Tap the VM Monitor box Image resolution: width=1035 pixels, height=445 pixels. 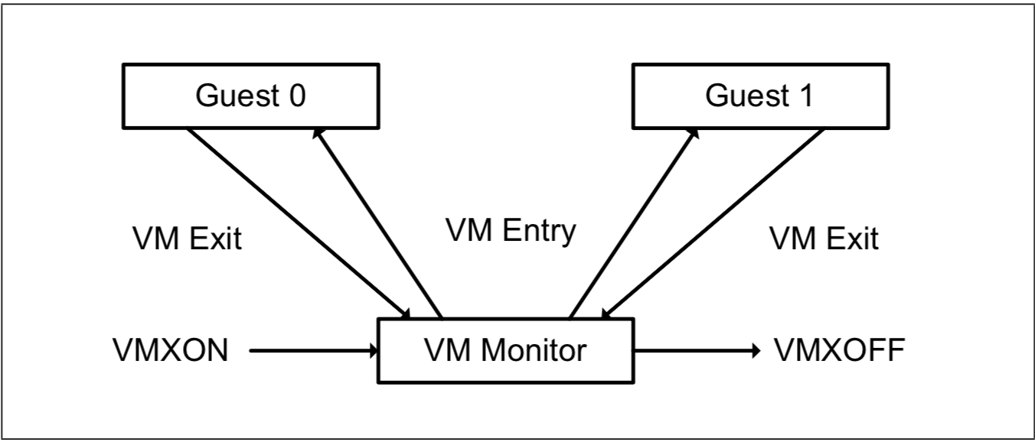506,351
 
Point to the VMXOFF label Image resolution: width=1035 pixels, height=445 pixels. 840,351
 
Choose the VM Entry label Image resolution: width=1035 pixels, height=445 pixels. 510,230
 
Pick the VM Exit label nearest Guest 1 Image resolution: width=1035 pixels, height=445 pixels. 823,240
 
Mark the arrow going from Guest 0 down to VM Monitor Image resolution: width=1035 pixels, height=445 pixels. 299,222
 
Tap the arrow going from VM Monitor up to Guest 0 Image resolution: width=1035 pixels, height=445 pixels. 379,222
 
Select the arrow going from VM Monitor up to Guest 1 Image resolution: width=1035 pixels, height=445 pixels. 634,222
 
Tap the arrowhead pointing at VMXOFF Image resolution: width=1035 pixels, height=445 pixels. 756,351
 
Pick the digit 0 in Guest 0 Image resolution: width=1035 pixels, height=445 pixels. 295,98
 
